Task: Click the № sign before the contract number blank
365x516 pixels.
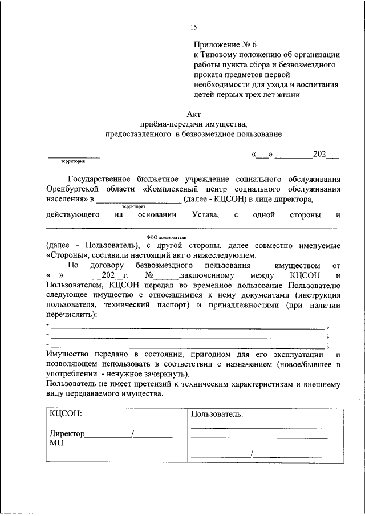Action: point(151,276)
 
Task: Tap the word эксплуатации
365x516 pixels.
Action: point(294,354)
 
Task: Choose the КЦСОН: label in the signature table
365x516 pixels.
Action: point(66,413)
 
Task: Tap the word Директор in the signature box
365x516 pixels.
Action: point(67,434)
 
